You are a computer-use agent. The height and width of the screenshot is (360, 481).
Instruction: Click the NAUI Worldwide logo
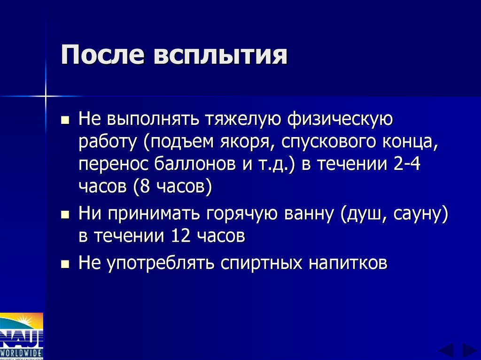22,336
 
